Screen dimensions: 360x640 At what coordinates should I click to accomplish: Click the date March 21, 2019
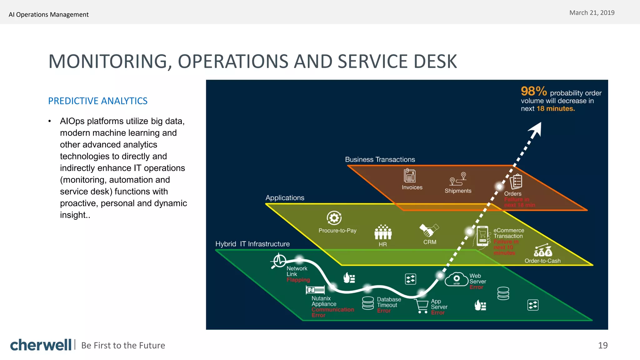tap(592, 13)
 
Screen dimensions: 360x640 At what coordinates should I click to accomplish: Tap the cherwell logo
tap(41, 345)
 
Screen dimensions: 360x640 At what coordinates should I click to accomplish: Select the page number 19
tap(602, 345)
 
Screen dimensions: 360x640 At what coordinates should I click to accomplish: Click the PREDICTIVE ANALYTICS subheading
tap(97, 101)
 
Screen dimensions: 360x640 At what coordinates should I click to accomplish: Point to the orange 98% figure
tap(533, 91)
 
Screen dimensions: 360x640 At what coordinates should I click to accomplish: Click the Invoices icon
tap(409, 176)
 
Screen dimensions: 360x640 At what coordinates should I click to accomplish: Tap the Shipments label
tap(458, 191)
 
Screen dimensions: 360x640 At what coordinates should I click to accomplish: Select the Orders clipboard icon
tap(516, 181)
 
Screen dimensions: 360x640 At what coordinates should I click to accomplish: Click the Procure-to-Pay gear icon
tap(334, 218)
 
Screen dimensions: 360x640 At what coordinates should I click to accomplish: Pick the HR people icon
tap(383, 232)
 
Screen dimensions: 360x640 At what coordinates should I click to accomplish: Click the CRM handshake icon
tap(429, 230)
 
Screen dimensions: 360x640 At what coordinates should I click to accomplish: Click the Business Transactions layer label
tap(380, 160)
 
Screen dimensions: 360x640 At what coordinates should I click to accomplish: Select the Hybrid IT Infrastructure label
tap(252, 244)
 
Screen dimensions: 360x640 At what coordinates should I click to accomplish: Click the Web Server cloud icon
tap(457, 279)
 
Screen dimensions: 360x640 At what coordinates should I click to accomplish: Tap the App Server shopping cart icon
tap(422, 306)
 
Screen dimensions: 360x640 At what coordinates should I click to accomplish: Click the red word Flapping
tap(298, 280)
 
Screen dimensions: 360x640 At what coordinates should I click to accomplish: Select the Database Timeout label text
tap(388, 302)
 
